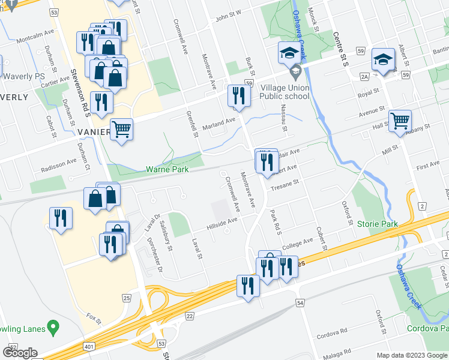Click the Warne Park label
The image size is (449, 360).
coord(167,170)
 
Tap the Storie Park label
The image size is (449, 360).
coord(378,224)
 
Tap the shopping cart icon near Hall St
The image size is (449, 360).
coord(400,120)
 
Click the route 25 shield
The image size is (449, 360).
coord(126,298)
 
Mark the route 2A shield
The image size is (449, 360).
coord(364,76)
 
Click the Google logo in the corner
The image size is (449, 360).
coord(20,353)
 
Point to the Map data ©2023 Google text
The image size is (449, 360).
coord(411,355)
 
